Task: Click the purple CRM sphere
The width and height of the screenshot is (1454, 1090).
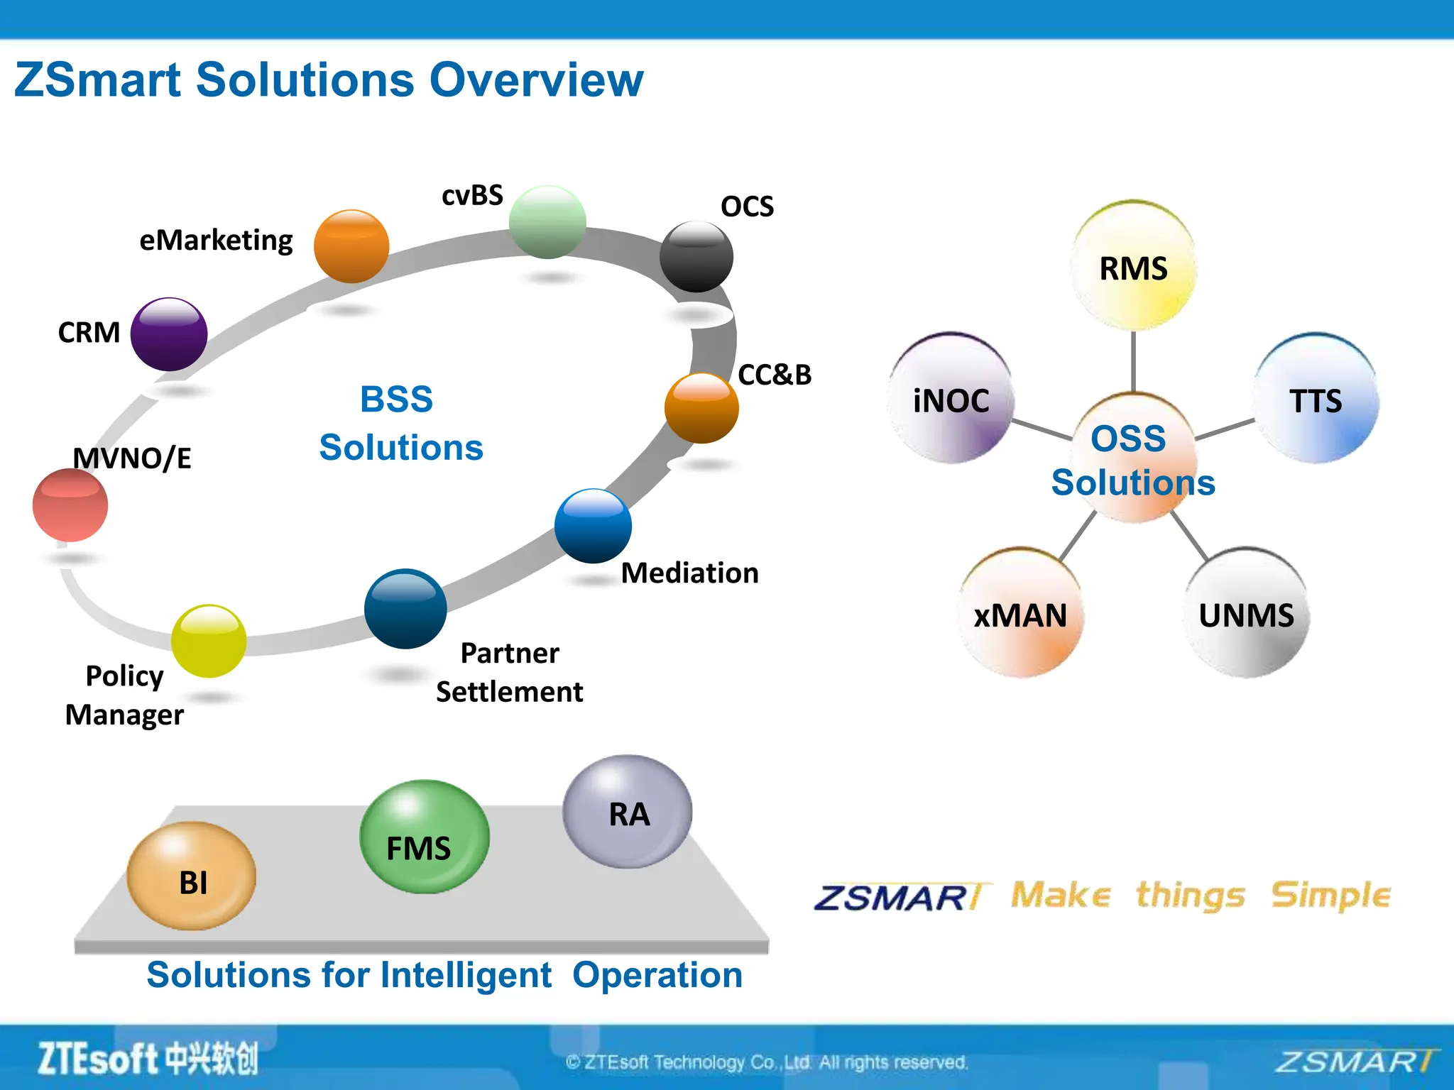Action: [169, 334]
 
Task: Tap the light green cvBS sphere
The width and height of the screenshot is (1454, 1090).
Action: [547, 222]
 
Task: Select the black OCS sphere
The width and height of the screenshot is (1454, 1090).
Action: [696, 257]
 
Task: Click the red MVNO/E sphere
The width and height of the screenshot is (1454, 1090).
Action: [70, 505]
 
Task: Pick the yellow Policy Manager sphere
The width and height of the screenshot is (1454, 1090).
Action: [209, 641]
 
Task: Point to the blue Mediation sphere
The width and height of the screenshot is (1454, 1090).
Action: [593, 526]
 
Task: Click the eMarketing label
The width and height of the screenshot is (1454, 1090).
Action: [216, 241]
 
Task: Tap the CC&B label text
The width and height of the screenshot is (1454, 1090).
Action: [775, 375]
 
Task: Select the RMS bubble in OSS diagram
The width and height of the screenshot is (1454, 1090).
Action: [1133, 266]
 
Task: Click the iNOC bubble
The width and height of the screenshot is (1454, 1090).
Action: [951, 400]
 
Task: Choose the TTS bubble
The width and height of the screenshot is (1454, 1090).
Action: [1316, 400]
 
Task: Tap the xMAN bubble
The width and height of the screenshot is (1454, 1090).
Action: [1020, 614]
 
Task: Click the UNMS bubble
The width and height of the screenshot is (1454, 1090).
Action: [1246, 614]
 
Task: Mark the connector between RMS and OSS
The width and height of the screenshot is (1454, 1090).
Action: [1133, 360]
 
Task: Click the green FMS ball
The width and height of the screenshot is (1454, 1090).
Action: [424, 837]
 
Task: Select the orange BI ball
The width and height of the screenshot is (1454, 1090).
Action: [192, 876]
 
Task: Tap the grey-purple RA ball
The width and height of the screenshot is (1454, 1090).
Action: [628, 812]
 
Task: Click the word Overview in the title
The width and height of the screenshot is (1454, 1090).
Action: [536, 79]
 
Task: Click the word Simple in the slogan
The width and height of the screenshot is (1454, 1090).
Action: [1330, 896]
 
